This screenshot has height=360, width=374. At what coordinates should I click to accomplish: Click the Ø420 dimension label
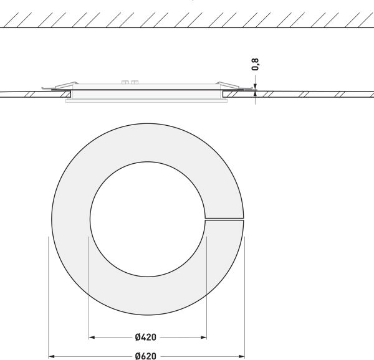pos(145,337)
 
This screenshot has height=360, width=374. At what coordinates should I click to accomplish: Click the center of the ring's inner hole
pos(148,219)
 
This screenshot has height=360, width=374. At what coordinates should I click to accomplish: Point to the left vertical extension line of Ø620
pos(49,293)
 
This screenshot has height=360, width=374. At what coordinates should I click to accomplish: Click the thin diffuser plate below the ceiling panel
pos(147,103)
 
